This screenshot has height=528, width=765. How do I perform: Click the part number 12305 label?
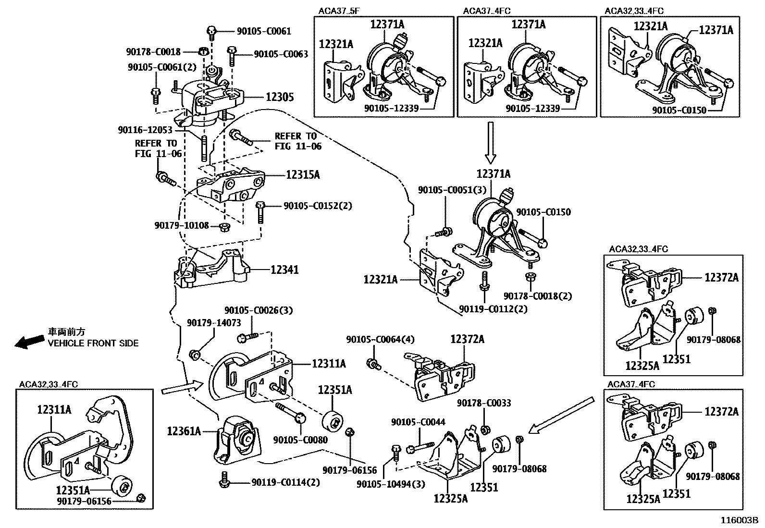point(280,97)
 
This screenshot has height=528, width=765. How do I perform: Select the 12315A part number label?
point(303,175)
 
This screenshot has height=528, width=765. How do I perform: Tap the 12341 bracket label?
point(284,270)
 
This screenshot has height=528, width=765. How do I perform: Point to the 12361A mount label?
point(184,431)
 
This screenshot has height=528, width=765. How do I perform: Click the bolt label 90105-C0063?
point(281,54)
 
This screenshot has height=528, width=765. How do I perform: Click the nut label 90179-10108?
point(182,225)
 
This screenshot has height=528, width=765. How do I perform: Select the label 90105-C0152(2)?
point(318,206)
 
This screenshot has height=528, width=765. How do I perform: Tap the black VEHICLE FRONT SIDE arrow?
point(29,342)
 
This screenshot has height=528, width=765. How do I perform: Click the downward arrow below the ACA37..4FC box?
point(490,142)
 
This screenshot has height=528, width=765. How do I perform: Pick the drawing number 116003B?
point(738,520)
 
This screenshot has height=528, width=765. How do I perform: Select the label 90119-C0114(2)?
point(285,482)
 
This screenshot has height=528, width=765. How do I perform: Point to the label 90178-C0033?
point(484,403)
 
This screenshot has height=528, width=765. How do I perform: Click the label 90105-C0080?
point(300,440)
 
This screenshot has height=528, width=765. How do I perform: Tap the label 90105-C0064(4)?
point(380,339)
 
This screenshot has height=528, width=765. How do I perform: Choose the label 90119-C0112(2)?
point(493,309)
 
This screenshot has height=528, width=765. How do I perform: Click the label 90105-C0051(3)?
point(453,190)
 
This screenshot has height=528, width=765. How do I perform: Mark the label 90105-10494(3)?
point(391,484)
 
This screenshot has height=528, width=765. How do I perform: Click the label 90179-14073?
point(214,323)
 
